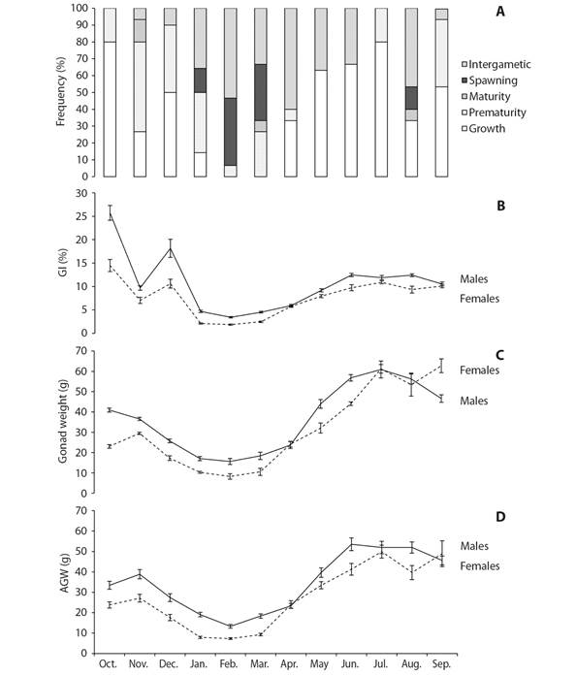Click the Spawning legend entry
490,80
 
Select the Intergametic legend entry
496,64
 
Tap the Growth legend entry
483,128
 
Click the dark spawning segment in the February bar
231,132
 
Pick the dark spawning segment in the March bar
261,92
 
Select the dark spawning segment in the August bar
411,98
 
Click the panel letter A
500,11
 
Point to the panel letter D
500,517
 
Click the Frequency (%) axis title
61,91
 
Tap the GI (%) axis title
63,263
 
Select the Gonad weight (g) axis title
63,422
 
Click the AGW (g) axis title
64,573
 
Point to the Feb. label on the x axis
229,664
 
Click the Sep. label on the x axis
442,664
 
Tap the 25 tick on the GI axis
81,216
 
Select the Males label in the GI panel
474,279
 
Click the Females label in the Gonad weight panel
479,370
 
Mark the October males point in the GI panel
110,213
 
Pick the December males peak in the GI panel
171,248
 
